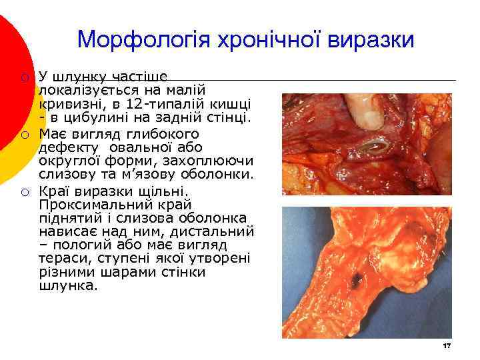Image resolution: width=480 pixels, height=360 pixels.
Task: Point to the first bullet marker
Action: coord(24,77)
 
